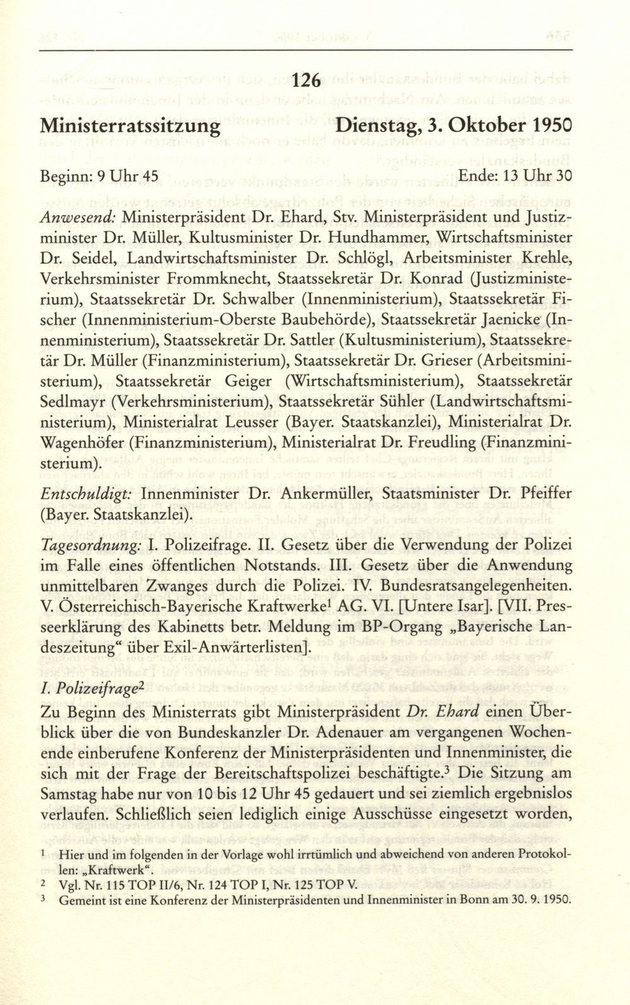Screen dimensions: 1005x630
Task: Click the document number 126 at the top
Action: (307, 81)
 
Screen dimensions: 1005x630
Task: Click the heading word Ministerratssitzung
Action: (130, 125)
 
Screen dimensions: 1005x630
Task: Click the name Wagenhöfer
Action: (84, 442)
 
